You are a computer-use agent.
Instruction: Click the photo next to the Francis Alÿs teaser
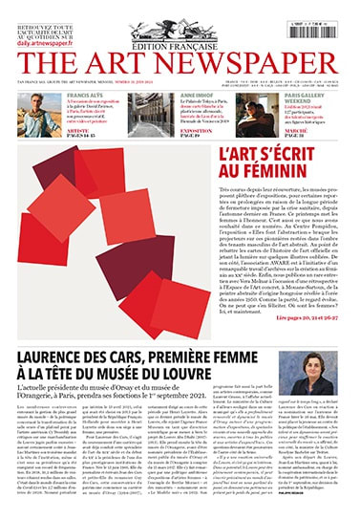(x=39, y=114)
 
